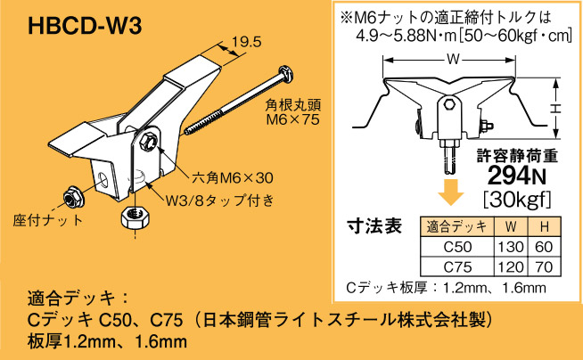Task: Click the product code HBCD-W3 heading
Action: click(85, 25)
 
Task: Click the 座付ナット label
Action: click(45, 219)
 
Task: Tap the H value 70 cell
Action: click(543, 266)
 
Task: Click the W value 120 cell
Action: click(508, 266)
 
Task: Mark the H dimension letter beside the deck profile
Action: click(554, 106)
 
